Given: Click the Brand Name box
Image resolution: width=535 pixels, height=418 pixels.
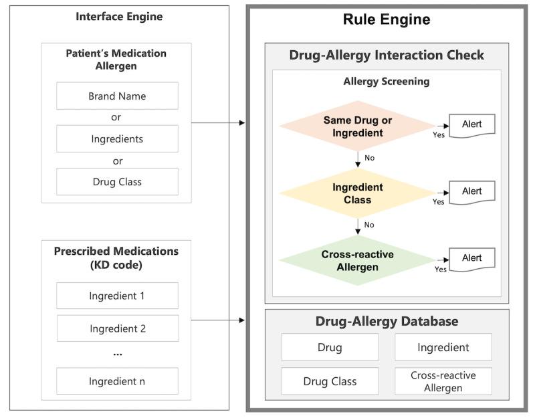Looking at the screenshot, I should point(117,96).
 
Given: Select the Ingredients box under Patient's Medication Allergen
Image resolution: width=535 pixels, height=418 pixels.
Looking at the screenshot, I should point(117,138).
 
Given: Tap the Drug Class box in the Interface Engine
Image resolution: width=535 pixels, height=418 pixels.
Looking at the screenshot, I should point(117,181).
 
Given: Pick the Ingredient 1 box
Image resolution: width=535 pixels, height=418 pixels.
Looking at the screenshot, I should point(117,296).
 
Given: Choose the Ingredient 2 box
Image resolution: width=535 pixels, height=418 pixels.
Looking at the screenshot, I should point(117,328).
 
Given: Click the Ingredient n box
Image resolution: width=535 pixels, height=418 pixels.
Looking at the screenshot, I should point(117,381).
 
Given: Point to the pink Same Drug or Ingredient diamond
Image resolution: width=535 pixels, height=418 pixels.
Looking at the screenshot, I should point(357,126).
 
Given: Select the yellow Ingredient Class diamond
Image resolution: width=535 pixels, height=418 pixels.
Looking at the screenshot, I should point(357,193).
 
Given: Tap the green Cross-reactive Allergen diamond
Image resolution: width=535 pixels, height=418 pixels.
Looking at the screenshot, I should point(357,259).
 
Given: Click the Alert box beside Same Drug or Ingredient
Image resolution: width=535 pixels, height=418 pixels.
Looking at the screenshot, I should point(471,125).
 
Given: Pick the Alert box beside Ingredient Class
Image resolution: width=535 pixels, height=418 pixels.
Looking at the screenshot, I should point(471,192).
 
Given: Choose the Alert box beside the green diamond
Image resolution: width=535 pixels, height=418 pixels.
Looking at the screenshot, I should point(471,258).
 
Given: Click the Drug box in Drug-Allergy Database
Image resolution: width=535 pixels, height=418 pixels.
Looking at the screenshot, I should point(330,347).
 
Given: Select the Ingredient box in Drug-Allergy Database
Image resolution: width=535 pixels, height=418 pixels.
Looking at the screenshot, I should point(443,347).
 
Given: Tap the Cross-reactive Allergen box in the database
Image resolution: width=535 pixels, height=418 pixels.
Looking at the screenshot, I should point(443,381).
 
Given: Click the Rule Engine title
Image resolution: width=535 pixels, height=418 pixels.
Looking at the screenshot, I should point(387,20).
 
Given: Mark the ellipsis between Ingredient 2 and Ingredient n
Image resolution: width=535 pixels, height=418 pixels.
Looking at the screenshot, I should point(117,353).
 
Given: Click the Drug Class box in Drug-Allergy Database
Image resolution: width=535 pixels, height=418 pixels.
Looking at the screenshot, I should point(330,381).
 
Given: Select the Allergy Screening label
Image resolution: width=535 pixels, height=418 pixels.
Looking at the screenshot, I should point(387,82).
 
